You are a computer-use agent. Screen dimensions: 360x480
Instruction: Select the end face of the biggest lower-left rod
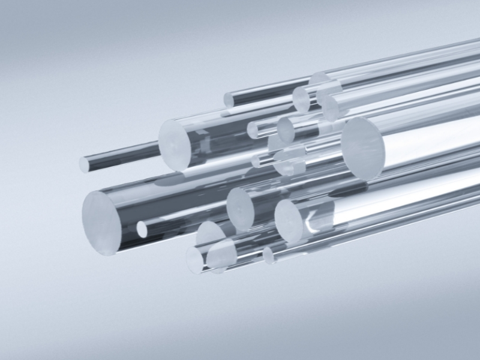tap(100, 223)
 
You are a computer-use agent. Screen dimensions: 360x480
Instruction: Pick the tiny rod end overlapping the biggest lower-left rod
tap(142, 229)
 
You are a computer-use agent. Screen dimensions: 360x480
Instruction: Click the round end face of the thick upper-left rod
tap(175, 143)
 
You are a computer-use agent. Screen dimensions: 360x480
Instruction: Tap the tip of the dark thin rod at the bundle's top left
tap(229, 100)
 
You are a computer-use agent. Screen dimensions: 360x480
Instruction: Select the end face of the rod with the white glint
tap(289, 221)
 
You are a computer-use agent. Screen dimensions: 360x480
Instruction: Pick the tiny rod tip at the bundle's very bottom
tap(268, 256)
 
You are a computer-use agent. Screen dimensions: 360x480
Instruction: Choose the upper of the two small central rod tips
tap(253, 130)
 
